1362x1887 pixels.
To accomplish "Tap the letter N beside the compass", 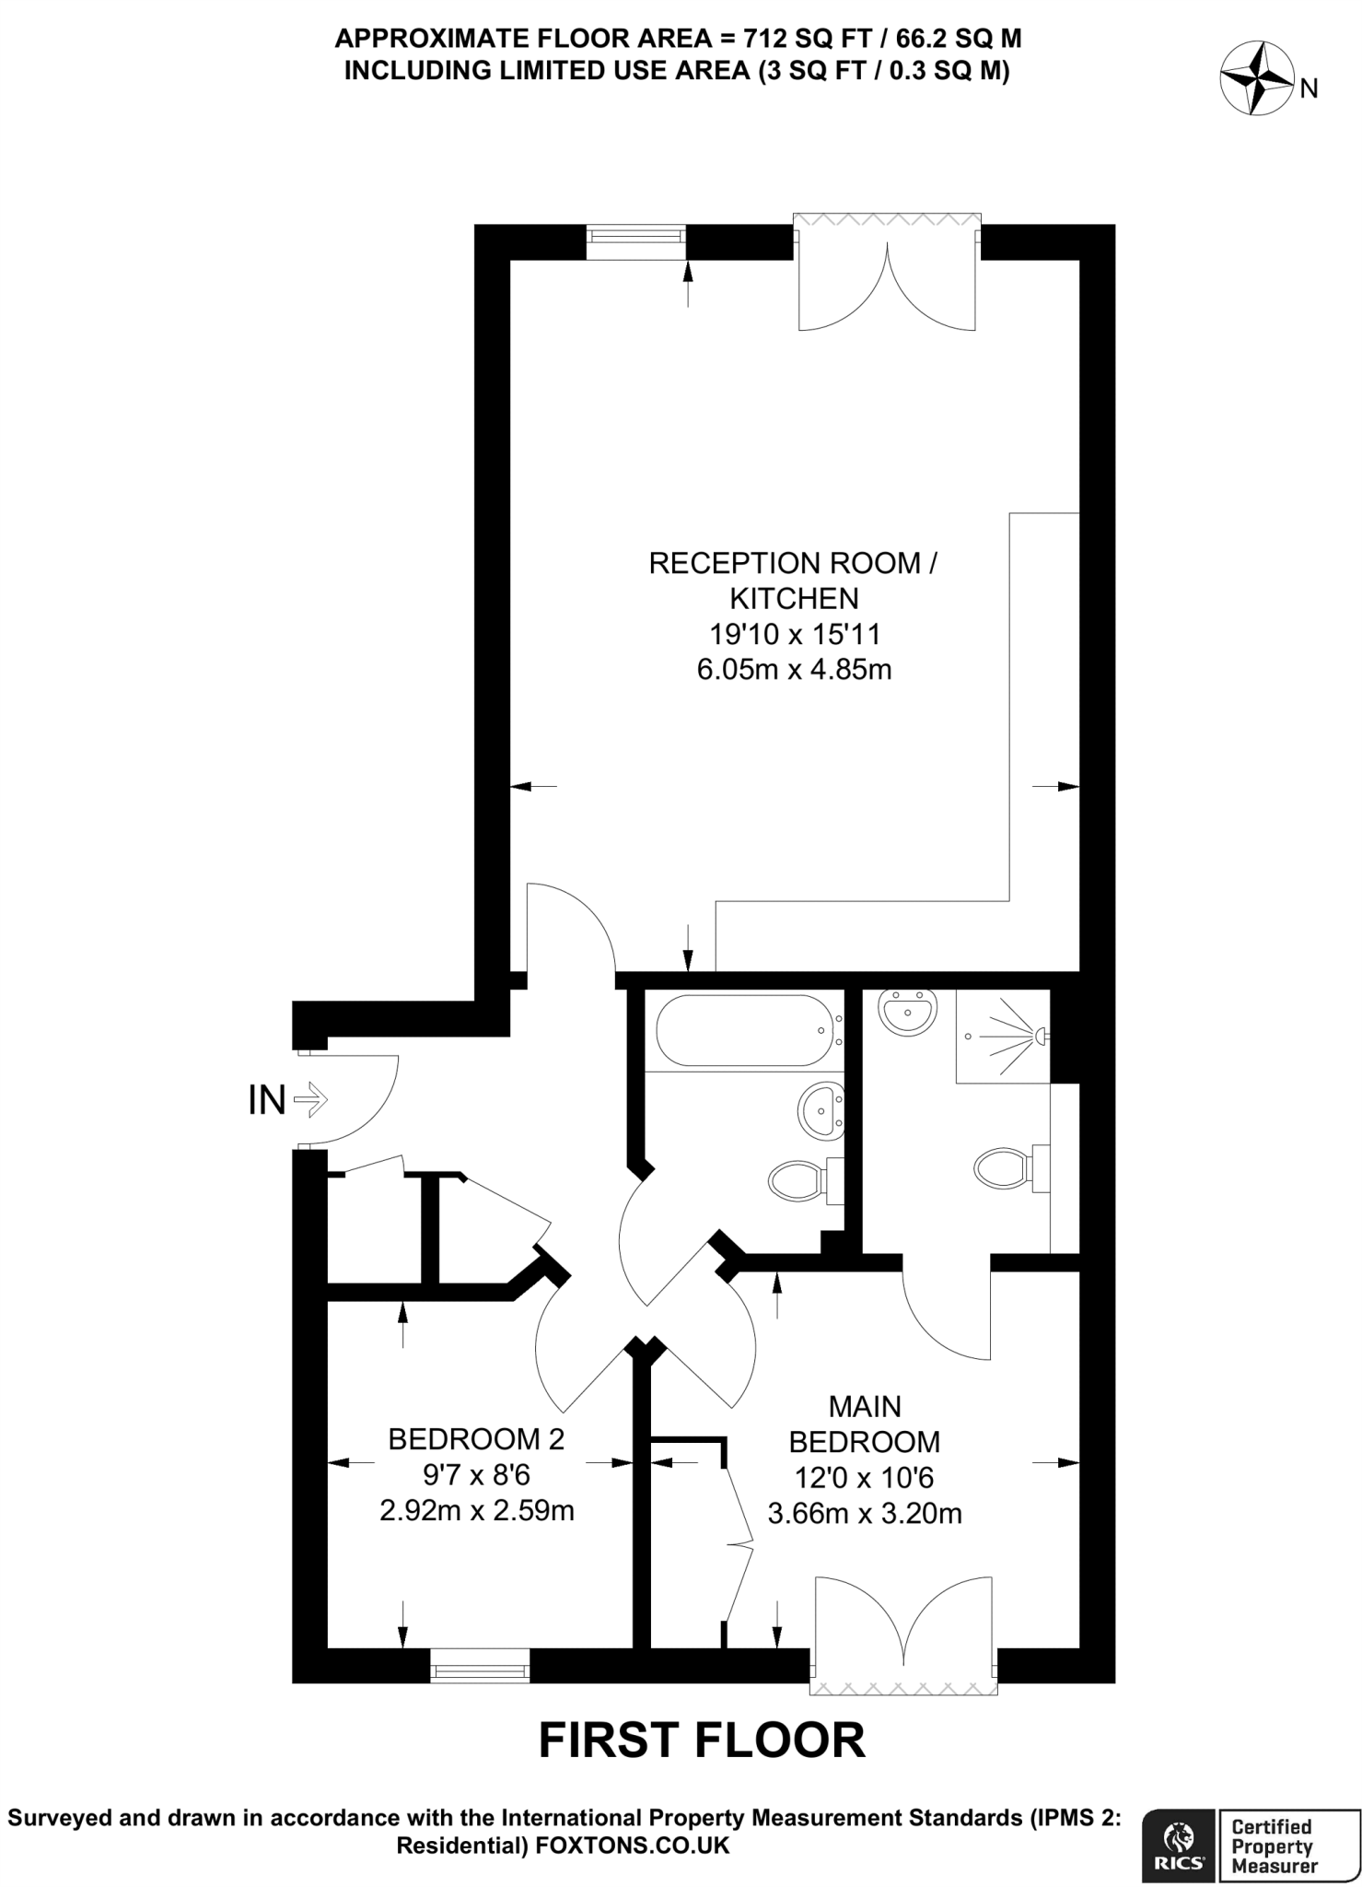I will click(1309, 89).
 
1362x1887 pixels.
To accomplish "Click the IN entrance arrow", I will click(310, 1099).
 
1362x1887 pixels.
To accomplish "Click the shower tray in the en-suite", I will click(1002, 1036).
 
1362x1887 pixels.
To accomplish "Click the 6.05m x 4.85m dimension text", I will click(794, 670).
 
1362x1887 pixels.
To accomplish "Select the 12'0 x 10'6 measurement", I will click(864, 1478).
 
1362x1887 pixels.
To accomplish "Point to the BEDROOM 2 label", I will click(476, 1438).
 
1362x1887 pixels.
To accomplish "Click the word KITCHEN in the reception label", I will click(794, 599).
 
